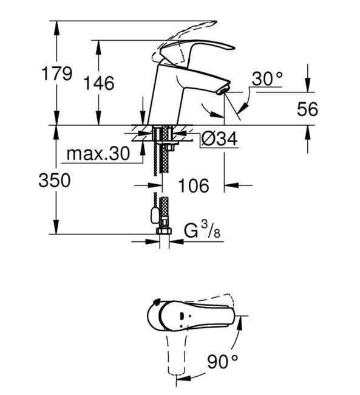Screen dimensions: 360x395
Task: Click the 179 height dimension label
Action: pyautogui.click(x=57, y=74)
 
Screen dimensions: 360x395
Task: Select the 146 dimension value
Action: pyautogui.click(x=99, y=83)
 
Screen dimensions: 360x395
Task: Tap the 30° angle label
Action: pyautogui.click(x=267, y=78)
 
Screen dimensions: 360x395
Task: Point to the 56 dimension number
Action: pyautogui.click(x=307, y=109)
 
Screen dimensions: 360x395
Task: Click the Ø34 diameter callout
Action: pyautogui.click(x=219, y=139)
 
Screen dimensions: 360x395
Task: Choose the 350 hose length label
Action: pyautogui.click(x=55, y=180)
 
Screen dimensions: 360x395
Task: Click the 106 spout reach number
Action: pyautogui.click(x=194, y=185)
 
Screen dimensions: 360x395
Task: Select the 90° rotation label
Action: pyautogui.click(x=222, y=361)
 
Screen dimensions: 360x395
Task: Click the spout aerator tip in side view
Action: pyautogui.click(x=223, y=90)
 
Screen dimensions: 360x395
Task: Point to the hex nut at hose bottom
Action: pyautogui.click(x=164, y=231)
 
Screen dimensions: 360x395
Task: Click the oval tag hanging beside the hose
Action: pyautogui.click(x=154, y=216)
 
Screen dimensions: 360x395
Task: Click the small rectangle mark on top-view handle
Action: pyautogui.click(x=182, y=315)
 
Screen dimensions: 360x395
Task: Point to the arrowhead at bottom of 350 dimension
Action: pyautogui.click(x=56, y=227)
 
